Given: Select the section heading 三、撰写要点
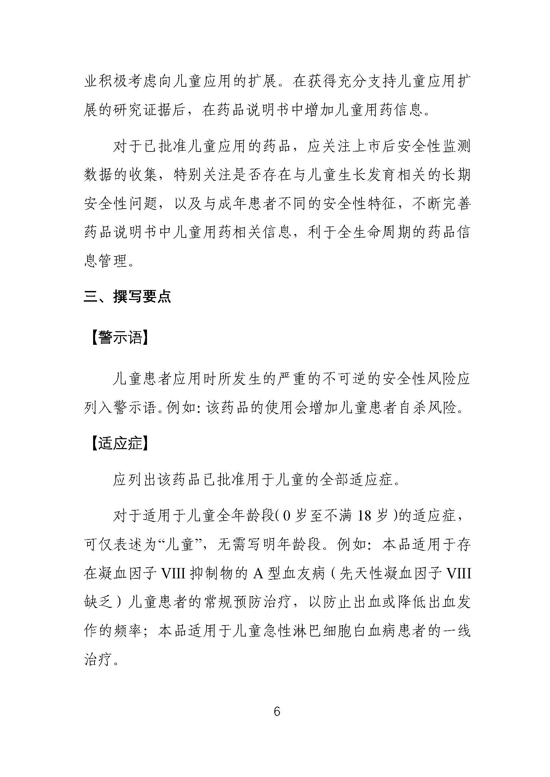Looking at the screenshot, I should coord(127,296).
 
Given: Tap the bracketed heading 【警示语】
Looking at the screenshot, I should coord(120,338).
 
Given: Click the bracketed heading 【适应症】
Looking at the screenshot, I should coord(120,443).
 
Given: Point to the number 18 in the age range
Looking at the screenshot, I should coord(364,517).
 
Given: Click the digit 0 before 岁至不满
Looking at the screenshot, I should coord(286,517).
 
